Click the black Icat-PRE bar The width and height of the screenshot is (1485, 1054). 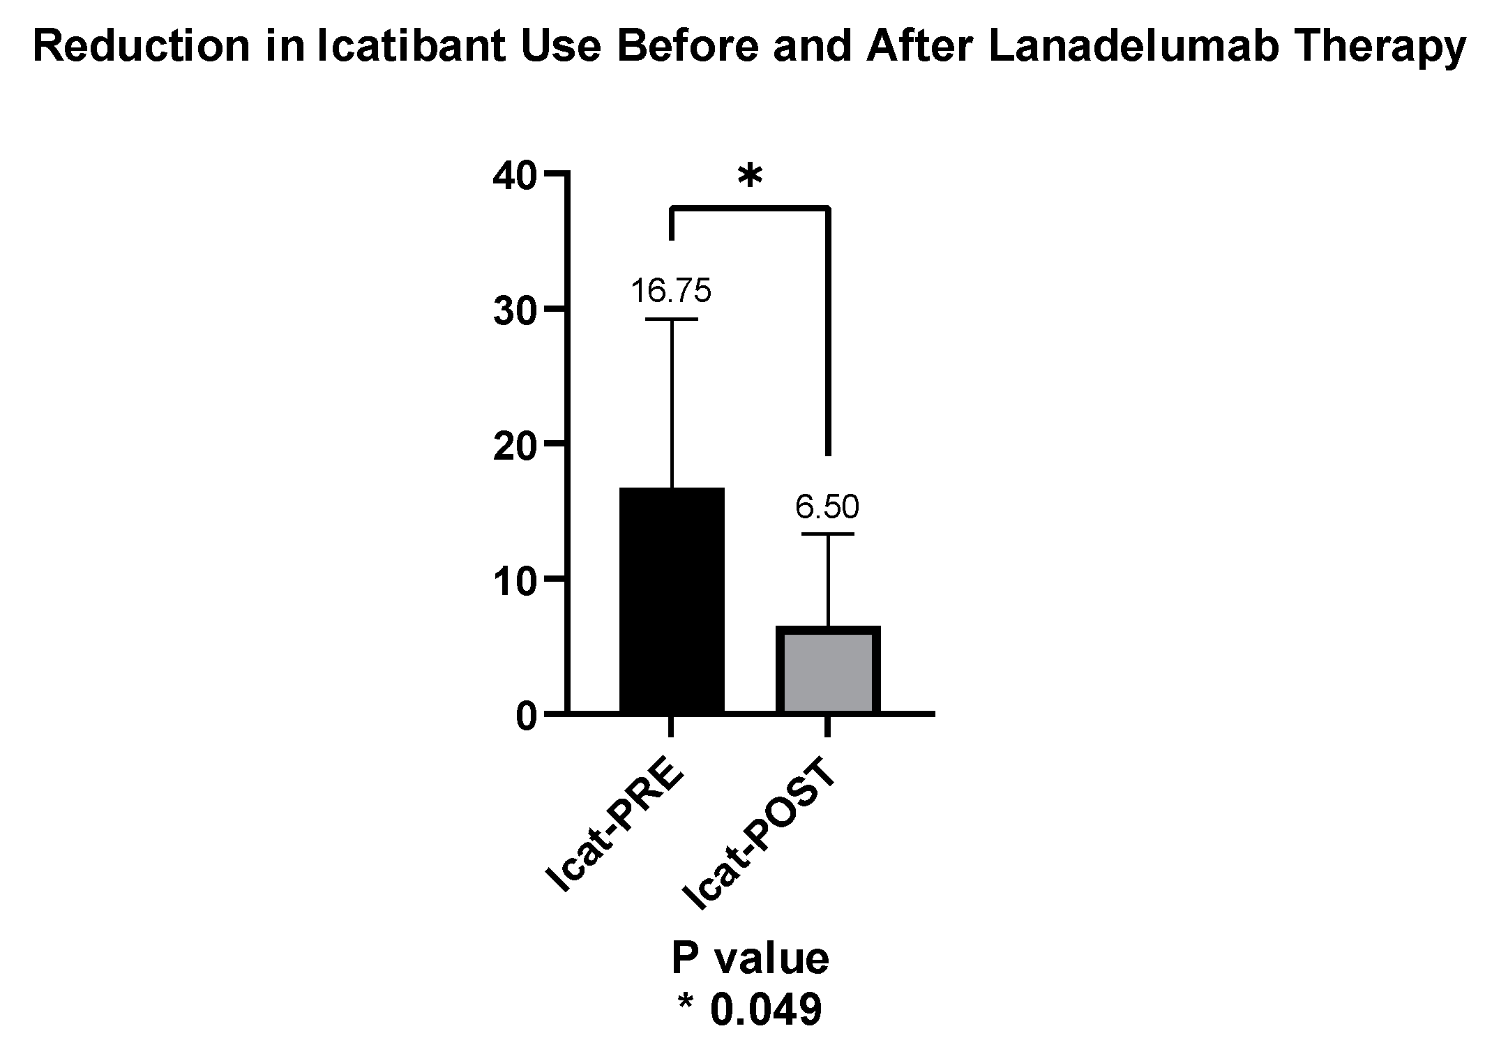[x=671, y=600]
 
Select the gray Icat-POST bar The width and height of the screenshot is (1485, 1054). [x=828, y=670]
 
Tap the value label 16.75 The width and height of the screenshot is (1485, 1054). [x=671, y=290]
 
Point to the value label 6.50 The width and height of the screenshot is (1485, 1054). [x=827, y=507]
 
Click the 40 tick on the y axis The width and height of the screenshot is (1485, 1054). [x=514, y=174]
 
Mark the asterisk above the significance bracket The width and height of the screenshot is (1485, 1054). [x=750, y=178]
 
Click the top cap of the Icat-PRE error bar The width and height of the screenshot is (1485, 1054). [x=672, y=319]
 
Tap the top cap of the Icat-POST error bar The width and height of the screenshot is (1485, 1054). [x=828, y=534]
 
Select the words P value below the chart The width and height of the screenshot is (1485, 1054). [x=750, y=958]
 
